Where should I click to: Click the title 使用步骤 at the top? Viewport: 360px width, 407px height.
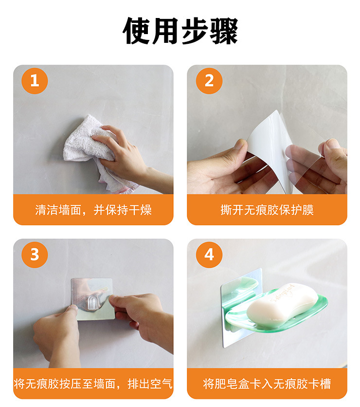180,31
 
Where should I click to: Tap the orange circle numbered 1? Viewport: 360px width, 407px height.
35,81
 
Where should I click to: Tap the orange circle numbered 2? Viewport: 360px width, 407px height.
209,81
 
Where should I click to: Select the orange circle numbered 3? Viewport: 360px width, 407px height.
35,255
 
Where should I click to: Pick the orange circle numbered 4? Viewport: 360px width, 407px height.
209,255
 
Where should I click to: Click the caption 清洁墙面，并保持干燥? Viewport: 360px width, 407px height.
93,210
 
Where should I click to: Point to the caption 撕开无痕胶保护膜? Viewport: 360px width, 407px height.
267,210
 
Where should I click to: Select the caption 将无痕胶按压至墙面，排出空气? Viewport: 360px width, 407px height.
93,384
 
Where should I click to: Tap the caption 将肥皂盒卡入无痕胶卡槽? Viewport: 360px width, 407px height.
267,384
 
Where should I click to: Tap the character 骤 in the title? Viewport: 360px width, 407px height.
224,31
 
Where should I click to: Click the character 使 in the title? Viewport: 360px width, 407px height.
137,31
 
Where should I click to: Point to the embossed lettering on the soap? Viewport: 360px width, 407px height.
283,293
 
